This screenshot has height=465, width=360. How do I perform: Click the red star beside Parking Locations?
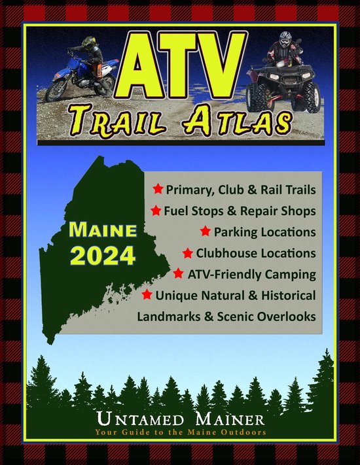(x=206, y=232)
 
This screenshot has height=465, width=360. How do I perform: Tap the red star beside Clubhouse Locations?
(x=188, y=252)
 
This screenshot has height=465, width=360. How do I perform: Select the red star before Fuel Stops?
(x=156, y=211)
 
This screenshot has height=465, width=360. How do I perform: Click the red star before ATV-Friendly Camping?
(x=179, y=273)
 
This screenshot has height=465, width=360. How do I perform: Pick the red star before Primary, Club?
(x=158, y=190)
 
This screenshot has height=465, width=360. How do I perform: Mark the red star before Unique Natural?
(x=147, y=295)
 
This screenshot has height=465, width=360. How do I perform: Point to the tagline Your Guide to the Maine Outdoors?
(x=179, y=432)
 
